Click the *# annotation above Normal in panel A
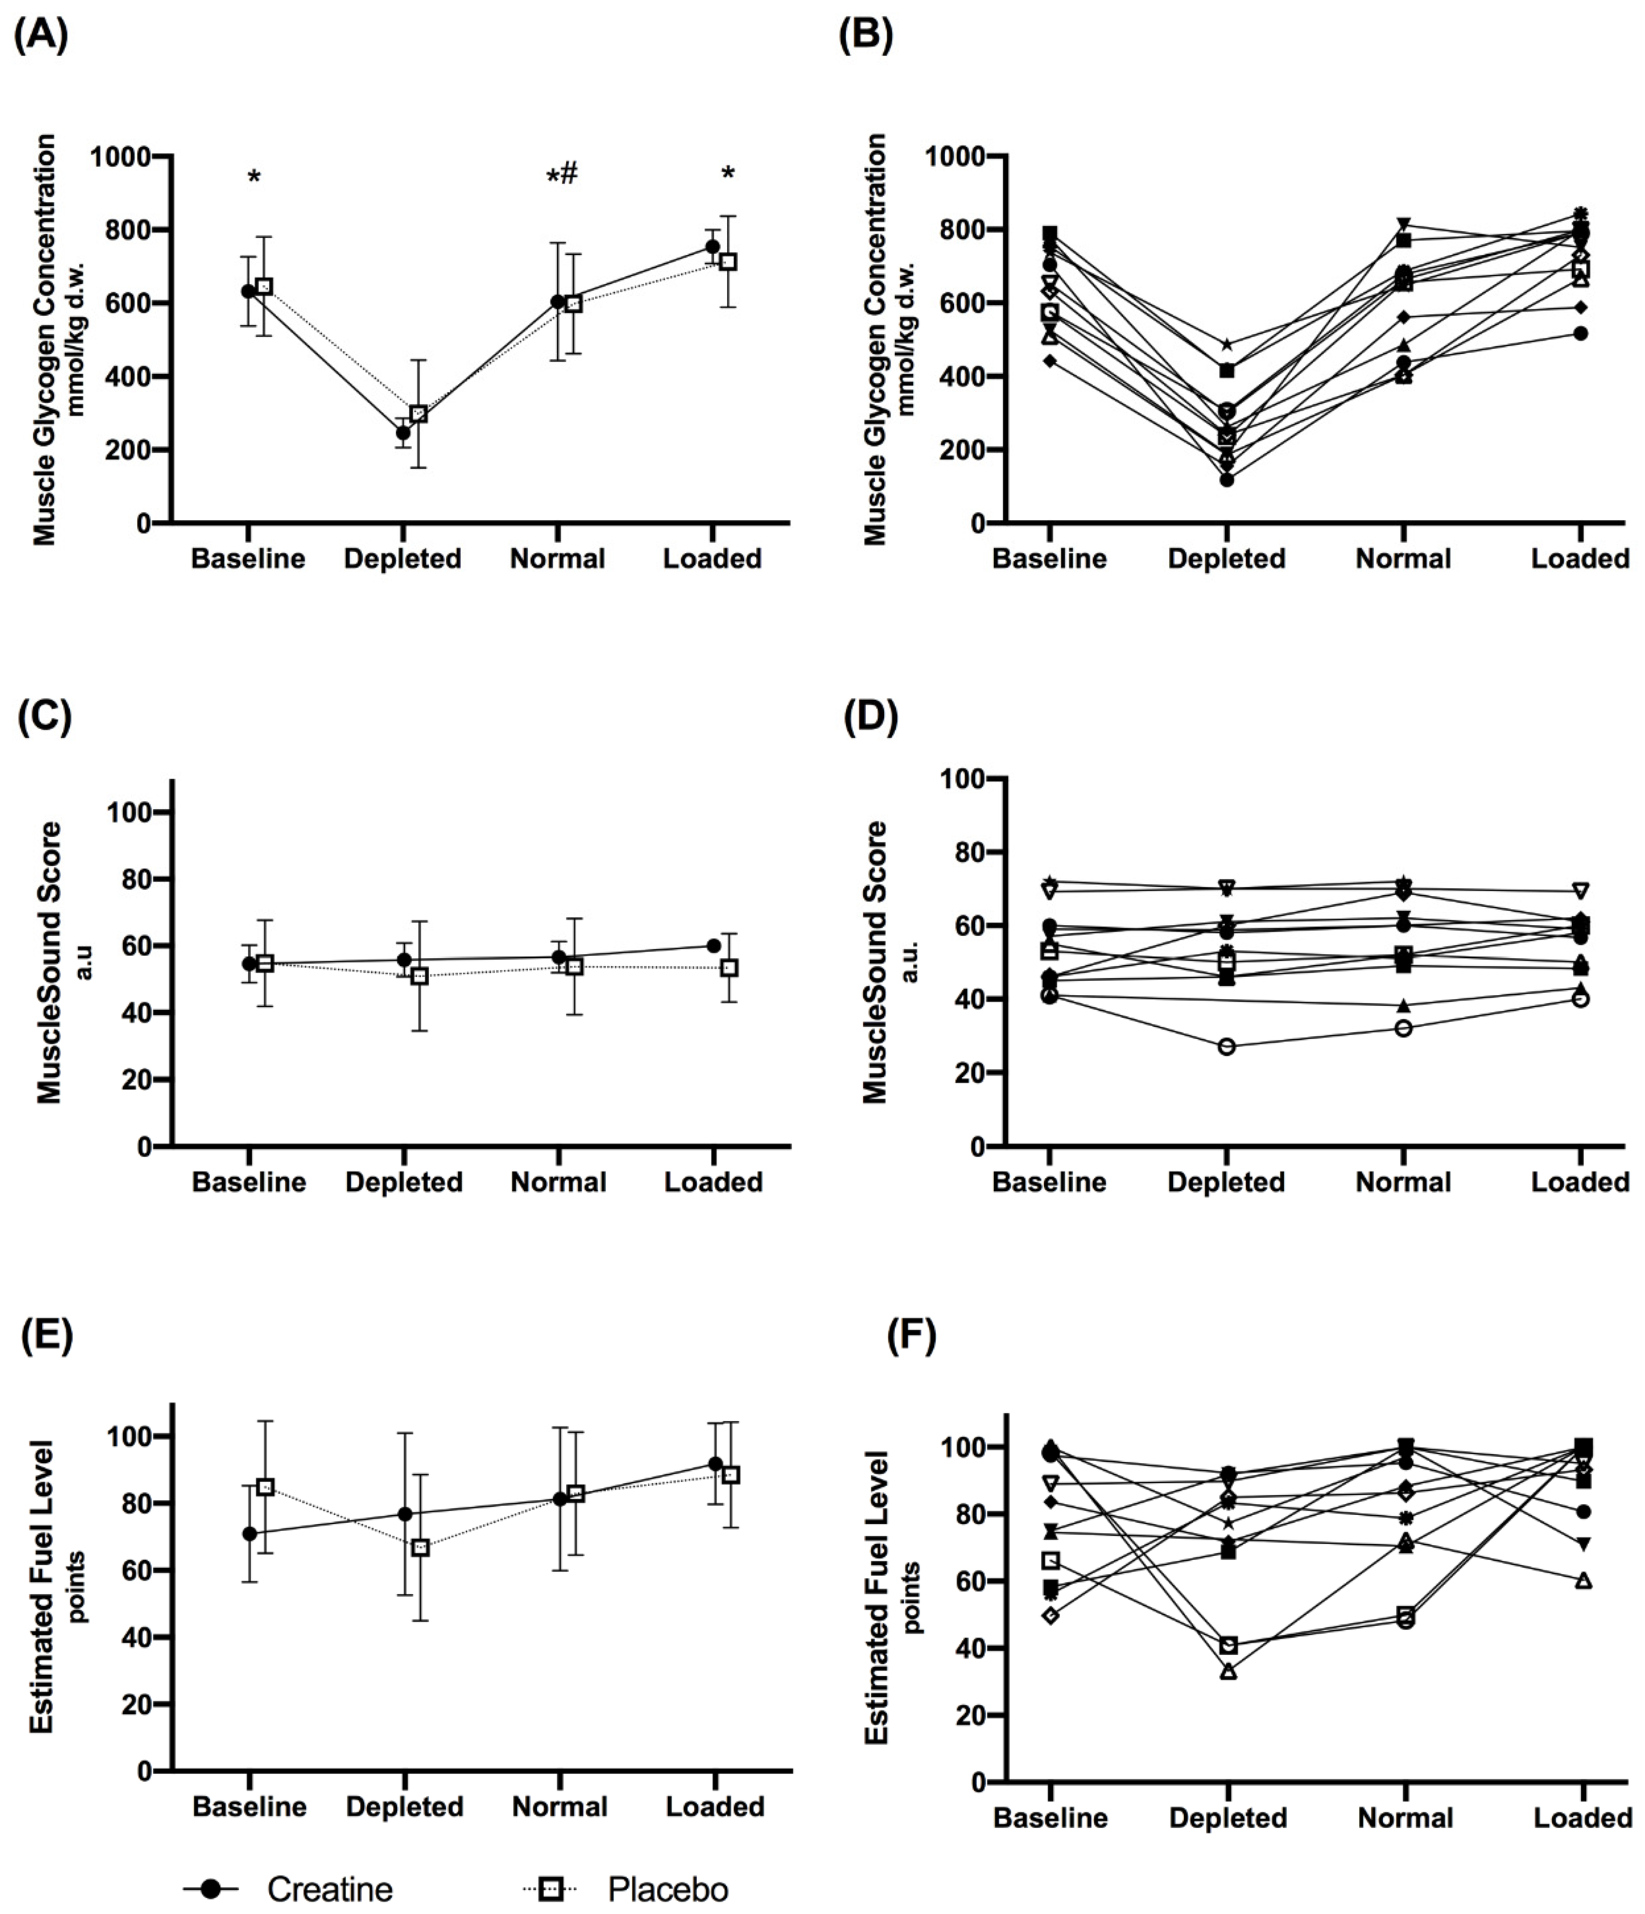[x=562, y=174]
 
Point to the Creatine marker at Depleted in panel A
[x=403, y=432]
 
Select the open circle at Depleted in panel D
[x=1227, y=1047]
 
